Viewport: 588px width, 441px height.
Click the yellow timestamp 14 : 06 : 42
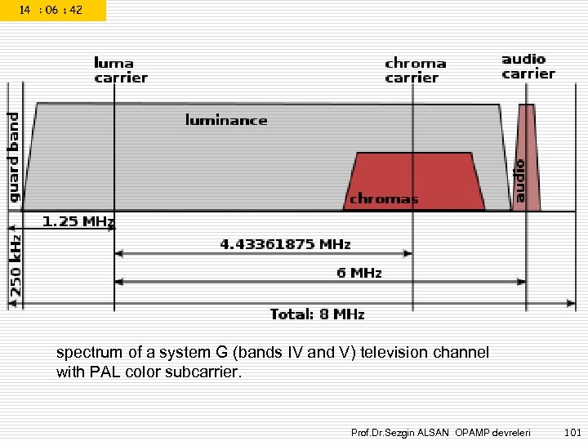point(51,10)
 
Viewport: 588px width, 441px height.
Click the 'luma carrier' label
point(120,70)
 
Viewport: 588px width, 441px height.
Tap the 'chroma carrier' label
point(415,70)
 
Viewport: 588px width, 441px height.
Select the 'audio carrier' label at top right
point(528,66)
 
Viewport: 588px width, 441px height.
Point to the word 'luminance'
point(226,120)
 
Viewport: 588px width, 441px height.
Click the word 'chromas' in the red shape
point(384,198)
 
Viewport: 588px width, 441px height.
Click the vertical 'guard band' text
point(14,158)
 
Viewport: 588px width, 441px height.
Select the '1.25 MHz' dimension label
point(78,221)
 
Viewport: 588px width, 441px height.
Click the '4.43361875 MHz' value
point(285,243)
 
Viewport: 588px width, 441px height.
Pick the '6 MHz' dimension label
point(359,273)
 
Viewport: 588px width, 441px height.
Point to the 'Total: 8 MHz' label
point(317,314)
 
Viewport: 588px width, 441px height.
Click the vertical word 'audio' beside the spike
point(518,180)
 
